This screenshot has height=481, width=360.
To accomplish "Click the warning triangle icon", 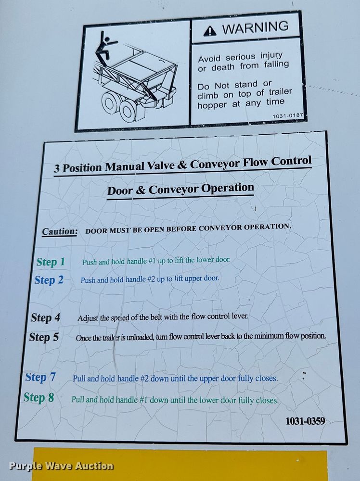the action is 210,31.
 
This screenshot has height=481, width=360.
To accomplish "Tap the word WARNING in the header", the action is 256,28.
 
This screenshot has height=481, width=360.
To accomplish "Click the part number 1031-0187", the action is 288,116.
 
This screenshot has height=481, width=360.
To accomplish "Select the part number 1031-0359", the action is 305,421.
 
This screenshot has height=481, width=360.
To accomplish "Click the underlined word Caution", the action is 60,232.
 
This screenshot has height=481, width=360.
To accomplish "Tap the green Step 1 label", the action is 51,262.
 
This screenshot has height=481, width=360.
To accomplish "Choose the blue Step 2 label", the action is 49,280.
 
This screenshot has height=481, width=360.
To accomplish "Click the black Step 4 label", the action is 45,318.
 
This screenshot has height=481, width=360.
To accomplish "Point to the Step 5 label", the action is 44,337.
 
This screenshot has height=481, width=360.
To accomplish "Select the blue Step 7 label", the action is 40,377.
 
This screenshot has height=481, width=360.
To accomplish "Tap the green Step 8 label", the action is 39,398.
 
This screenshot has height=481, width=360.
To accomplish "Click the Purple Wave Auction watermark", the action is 61,466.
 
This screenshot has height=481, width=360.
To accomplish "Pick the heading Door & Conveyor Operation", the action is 180,189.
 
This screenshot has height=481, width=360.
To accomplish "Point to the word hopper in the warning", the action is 212,105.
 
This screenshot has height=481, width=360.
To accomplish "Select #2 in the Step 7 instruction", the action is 144,379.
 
